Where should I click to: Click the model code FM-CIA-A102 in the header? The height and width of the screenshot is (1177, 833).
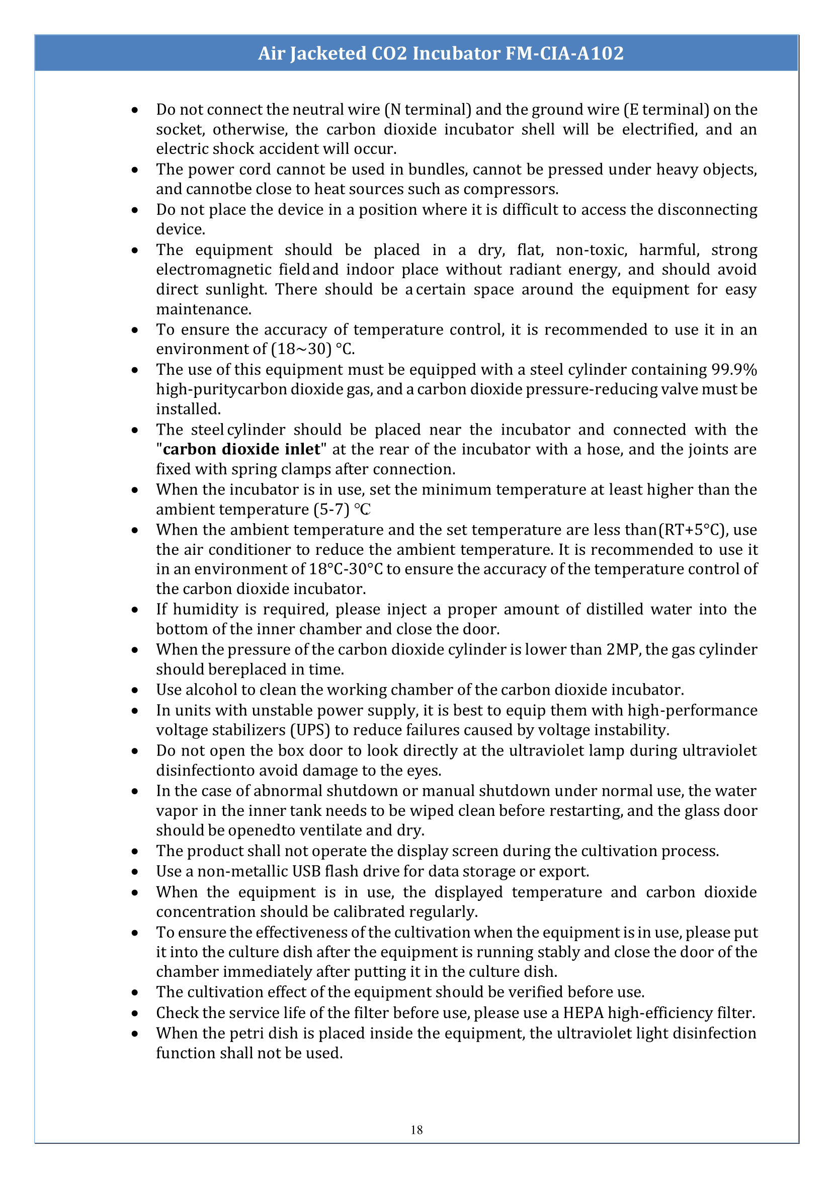click(x=564, y=53)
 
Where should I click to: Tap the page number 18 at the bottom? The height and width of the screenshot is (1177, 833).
click(x=416, y=1130)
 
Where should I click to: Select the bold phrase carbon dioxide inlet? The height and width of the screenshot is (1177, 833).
click(x=241, y=449)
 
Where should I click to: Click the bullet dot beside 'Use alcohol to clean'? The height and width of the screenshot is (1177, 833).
click(x=134, y=690)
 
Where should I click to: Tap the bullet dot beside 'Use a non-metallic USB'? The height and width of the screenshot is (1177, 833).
click(x=134, y=872)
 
